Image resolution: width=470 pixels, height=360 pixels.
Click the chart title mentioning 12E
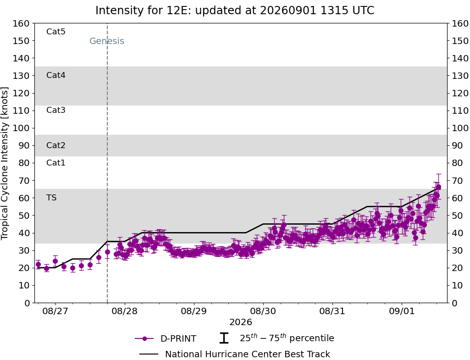point(235,11)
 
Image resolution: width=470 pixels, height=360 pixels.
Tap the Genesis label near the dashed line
point(107,41)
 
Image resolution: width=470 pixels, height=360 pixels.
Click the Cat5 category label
point(56,32)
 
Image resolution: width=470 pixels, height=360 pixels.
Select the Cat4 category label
point(56,75)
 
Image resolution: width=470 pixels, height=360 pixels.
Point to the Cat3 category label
point(56,110)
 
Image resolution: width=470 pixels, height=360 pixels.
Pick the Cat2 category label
point(56,145)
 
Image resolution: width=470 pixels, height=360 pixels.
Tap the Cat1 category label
point(56,162)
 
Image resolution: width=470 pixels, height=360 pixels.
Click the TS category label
point(51,198)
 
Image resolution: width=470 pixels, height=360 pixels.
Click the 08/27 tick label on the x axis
point(55,311)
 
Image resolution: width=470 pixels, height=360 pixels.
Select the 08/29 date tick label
point(194,311)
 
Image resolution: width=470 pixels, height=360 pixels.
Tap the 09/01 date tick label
point(402,311)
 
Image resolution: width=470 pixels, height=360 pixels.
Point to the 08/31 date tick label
point(332,311)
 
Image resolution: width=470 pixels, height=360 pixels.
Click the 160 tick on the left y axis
point(21,23)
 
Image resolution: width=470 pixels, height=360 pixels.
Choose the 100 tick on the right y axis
point(460,128)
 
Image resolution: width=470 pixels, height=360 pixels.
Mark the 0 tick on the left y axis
point(27,303)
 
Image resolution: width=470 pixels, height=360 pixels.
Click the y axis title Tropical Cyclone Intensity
point(5,163)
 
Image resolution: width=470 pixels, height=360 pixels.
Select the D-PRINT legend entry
point(166,338)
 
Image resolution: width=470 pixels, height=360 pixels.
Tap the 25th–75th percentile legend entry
point(276,338)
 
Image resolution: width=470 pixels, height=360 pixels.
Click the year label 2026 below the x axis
point(241,322)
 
